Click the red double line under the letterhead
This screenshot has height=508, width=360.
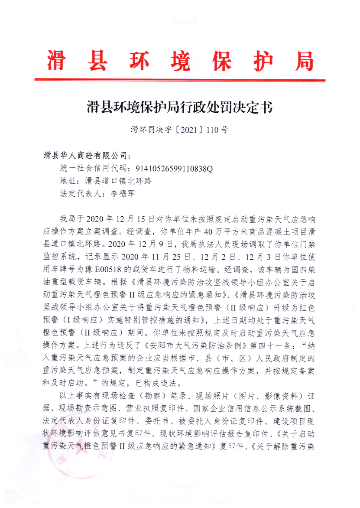coord(180,80)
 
